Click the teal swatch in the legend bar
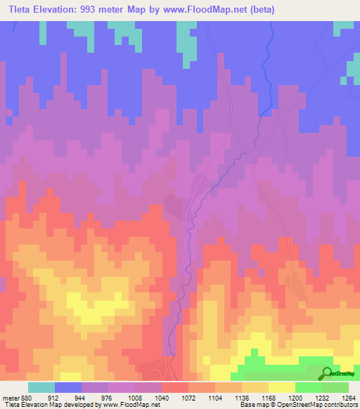click(41, 387)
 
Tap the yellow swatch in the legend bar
click(282, 387)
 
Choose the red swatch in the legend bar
click(175, 387)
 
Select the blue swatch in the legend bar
click(68, 387)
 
